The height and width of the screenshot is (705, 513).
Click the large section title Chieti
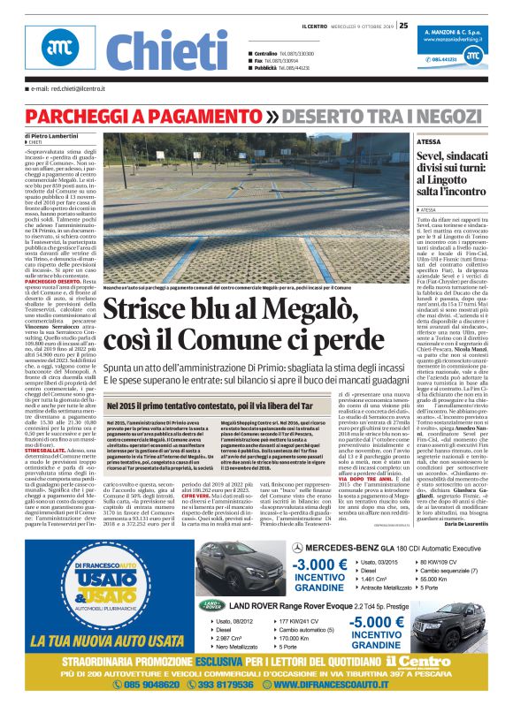(x=154, y=51)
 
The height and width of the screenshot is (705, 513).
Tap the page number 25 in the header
(x=403, y=25)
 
